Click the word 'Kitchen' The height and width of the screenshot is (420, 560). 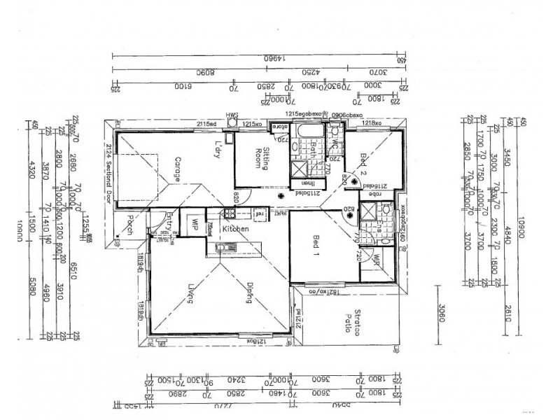click(237, 229)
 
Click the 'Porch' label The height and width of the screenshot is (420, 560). click(130, 226)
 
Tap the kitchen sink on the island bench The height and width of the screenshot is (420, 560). click(224, 246)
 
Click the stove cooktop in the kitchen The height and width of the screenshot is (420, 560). click(229, 214)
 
